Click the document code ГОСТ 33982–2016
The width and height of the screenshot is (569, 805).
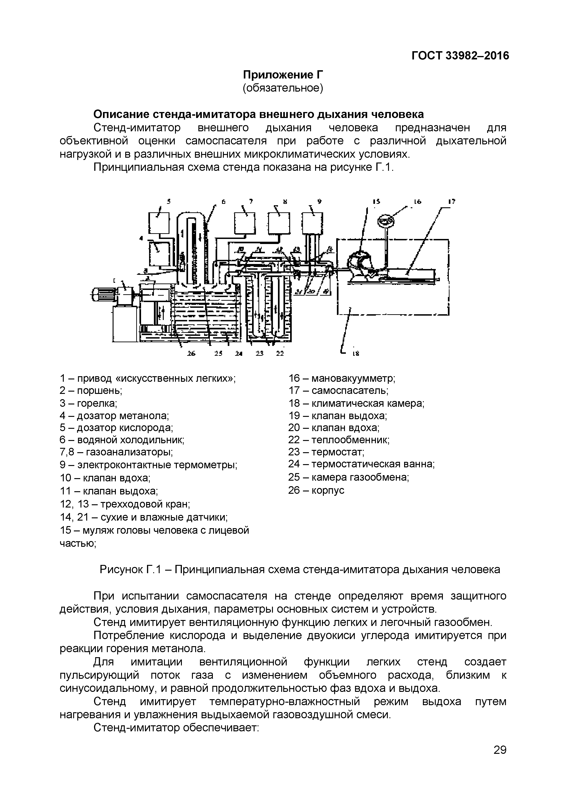pyautogui.click(x=460, y=55)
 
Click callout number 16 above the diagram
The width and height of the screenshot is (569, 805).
pyautogui.click(x=417, y=202)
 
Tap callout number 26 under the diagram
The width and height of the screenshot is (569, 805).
pyautogui.click(x=191, y=353)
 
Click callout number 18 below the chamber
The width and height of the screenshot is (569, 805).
pyautogui.click(x=356, y=354)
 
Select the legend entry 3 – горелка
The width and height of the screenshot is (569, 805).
pyautogui.click(x=88, y=403)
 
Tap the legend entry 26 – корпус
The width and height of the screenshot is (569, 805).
pyautogui.click(x=316, y=490)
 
